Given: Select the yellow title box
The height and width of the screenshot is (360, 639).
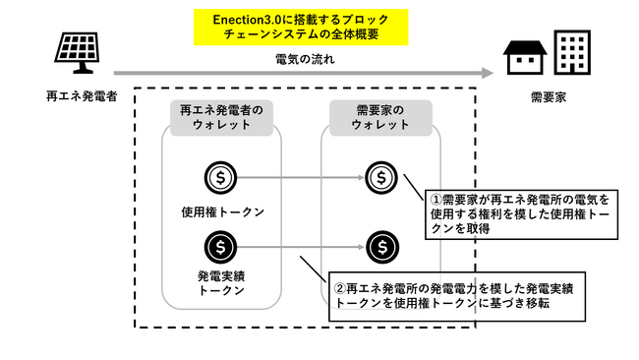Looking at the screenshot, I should [300, 28].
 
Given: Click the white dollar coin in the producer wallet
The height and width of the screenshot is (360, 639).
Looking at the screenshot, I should [221, 178].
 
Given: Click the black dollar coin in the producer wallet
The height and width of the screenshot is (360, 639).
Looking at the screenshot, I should [221, 245].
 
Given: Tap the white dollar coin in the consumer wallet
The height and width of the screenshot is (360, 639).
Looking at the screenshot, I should [381, 178].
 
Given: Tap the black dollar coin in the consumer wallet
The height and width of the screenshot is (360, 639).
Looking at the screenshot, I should [381, 245].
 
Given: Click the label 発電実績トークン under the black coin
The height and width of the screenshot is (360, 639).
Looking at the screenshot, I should [223, 283].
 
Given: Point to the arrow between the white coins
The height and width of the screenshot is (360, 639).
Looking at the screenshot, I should [301, 178].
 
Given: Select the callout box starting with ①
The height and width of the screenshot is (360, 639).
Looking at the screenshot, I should [518, 213].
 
